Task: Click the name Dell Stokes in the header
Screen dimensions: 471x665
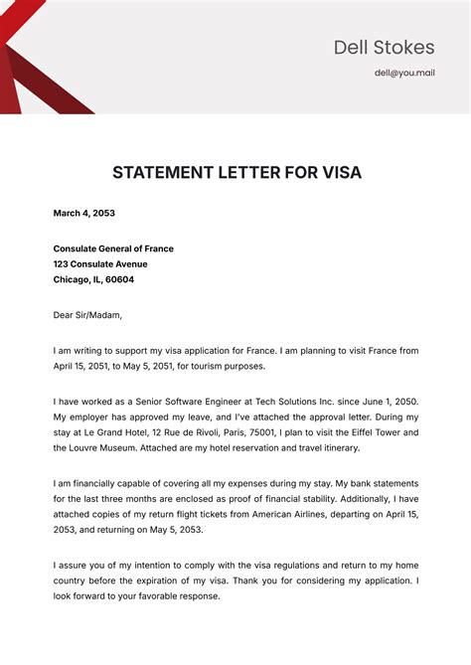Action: (384, 47)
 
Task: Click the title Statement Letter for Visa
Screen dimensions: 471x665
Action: (236, 172)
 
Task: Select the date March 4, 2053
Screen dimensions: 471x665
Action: (84, 213)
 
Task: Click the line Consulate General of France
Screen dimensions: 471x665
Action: (113, 249)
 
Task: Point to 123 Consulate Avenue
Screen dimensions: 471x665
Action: (100, 264)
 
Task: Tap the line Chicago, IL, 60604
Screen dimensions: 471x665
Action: (93, 280)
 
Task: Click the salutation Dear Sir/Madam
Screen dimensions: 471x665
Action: (87, 315)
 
